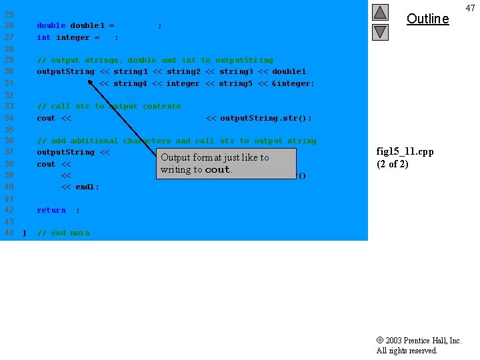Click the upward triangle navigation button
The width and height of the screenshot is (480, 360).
[380, 12]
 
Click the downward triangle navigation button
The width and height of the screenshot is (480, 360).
[380, 31]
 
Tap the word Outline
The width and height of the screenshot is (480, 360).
[427, 19]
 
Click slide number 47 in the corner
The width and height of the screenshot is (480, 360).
[470, 7]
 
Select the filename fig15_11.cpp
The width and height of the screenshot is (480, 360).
[405, 151]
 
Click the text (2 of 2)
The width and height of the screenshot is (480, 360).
[393, 164]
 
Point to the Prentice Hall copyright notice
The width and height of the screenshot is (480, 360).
[419, 345]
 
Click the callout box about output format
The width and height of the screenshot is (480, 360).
[218, 163]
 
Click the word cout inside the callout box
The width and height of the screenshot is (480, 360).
[217, 170]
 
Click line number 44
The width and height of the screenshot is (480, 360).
[9, 233]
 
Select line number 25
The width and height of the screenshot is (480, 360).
[9, 14]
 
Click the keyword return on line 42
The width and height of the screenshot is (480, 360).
[51, 210]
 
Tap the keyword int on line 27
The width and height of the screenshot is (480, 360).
[43, 37]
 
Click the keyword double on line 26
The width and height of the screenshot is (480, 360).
[51, 25]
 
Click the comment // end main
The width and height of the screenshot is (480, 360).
[63, 233]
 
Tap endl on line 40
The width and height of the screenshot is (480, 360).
[85, 187]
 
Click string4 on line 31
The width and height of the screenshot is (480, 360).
[131, 83]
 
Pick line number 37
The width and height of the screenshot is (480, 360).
[9, 152]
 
